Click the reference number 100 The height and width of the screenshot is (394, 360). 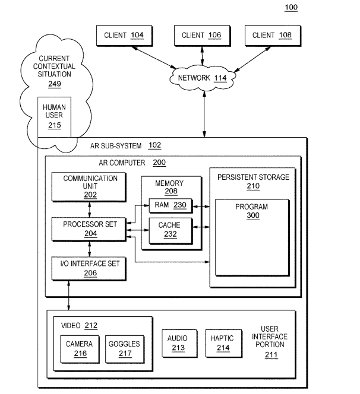tap(291, 8)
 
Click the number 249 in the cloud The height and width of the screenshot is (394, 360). tap(54, 84)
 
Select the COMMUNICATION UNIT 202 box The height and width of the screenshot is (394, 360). tap(89, 186)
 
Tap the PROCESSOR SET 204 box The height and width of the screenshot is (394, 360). tap(89, 229)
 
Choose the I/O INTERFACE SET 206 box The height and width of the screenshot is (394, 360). tap(89, 269)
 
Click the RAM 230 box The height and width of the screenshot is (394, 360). tap(170, 205)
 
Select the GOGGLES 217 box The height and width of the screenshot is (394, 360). tap(124, 349)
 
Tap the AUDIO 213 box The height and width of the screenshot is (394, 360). tap(178, 342)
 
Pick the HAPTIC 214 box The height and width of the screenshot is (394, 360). tap(223, 342)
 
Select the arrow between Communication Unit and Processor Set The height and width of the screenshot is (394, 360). tap(89, 209)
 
